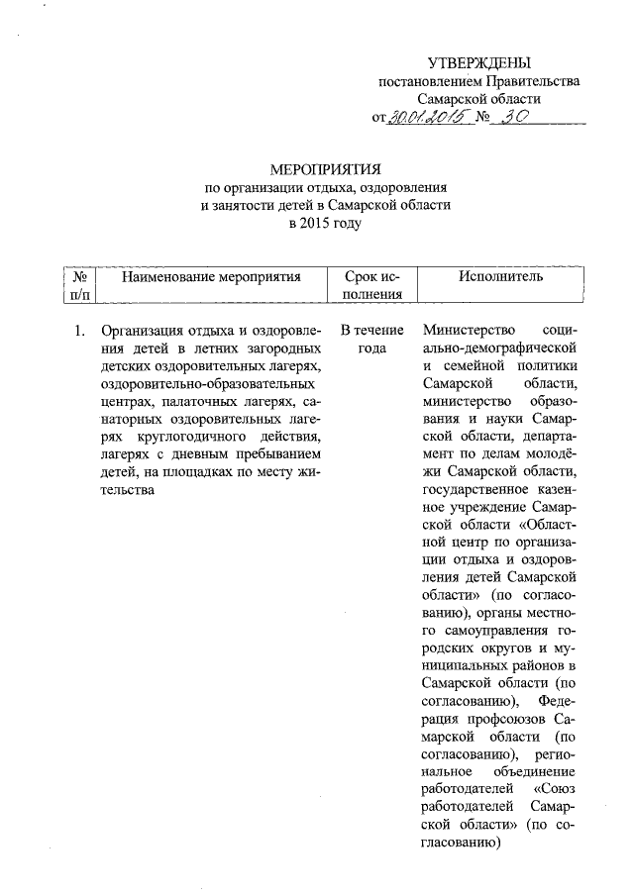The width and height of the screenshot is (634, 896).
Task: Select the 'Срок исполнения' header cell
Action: (372, 285)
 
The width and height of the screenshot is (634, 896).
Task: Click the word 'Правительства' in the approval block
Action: (534, 81)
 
